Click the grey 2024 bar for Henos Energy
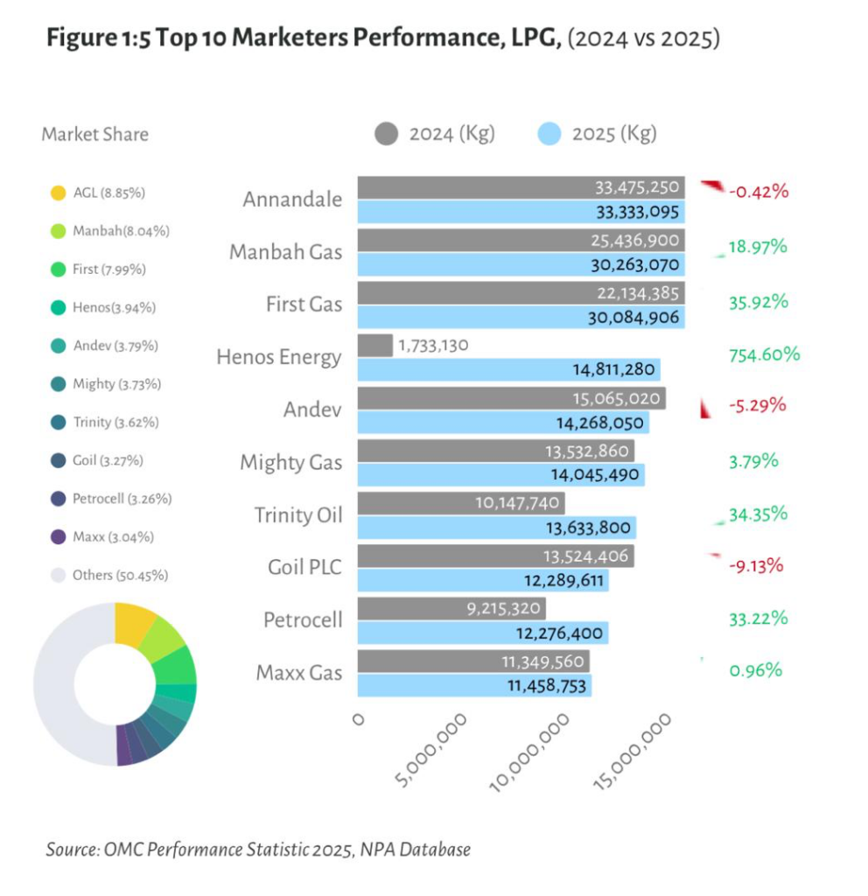coord(375,346)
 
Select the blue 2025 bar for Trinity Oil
coord(496,528)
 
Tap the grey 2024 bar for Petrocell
coord(451,608)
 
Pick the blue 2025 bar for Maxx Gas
coord(474,685)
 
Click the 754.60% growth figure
coord(764,354)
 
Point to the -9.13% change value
coord(757,565)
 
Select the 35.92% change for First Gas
coord(758,302)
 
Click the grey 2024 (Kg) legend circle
coord(386,134)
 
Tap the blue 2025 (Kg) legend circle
coord(548,134)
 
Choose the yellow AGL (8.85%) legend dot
coord(58,192)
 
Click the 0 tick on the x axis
coord(357,719)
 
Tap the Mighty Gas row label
coord(290,462)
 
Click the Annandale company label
coord(292,199)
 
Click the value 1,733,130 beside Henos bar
coord(433,346)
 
